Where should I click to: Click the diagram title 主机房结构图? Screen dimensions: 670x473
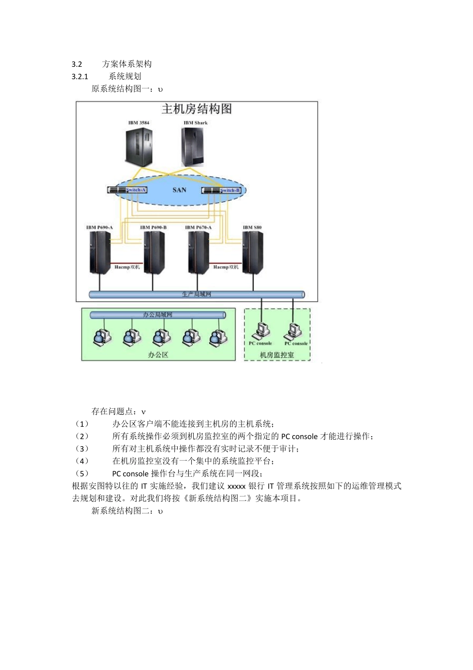(197, 109)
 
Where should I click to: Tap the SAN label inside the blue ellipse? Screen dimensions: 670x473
(179, 190)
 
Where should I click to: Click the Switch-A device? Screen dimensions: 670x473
(127, 190)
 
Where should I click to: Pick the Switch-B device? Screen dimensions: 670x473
(222, 190)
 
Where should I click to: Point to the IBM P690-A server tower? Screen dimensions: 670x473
(100, 252)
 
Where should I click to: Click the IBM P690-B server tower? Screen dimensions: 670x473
(154, 252)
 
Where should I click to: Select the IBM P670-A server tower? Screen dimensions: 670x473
(198, 252)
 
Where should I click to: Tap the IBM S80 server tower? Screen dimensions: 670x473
(252, 252)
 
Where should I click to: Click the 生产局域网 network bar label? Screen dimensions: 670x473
(197, 294)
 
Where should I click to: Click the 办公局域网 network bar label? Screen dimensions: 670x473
(157, 315)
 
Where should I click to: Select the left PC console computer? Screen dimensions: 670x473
(261, 331)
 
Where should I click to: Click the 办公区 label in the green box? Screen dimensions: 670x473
(158, 355)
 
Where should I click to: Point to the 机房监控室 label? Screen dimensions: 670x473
(277, 355)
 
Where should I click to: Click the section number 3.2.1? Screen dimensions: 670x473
(80, 76)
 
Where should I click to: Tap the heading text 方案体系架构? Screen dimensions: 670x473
(127, 64)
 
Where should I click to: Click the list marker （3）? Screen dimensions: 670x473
(82, 449)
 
